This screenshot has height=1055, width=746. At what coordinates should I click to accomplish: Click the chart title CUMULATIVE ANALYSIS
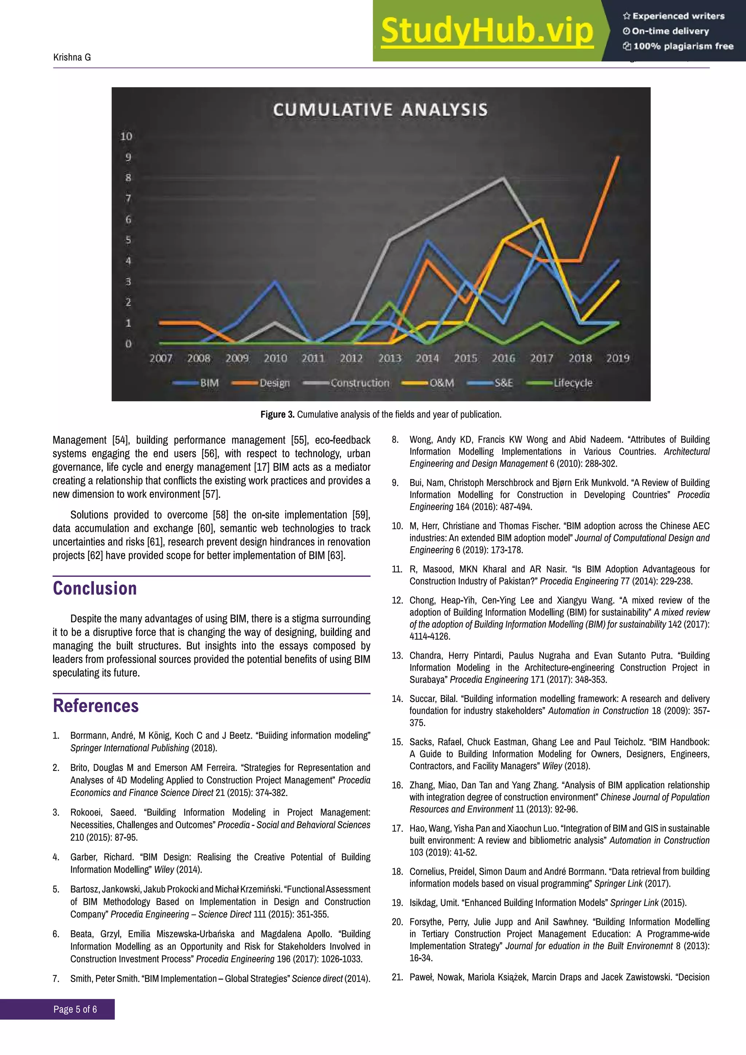(380, 110)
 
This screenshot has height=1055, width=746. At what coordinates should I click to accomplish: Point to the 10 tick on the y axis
(126, 137)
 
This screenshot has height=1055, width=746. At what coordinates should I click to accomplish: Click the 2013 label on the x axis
(389, 358)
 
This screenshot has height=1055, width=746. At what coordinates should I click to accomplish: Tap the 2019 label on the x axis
(617, 358)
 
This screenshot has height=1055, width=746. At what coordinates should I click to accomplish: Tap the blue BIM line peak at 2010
(275, 282)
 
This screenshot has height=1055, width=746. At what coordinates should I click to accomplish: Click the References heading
(95, 706)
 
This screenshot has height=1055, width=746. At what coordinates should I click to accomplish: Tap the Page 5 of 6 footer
(75, 1009)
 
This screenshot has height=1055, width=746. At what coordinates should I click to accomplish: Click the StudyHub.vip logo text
(487, 31)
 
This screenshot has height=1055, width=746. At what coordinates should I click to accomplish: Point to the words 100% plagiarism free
(683, 46)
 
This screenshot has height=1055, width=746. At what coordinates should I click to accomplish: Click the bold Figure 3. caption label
(278, 415)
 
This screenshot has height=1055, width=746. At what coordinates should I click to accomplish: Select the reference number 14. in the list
(397, 699)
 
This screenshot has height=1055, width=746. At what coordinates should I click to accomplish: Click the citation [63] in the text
(335, 555)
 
